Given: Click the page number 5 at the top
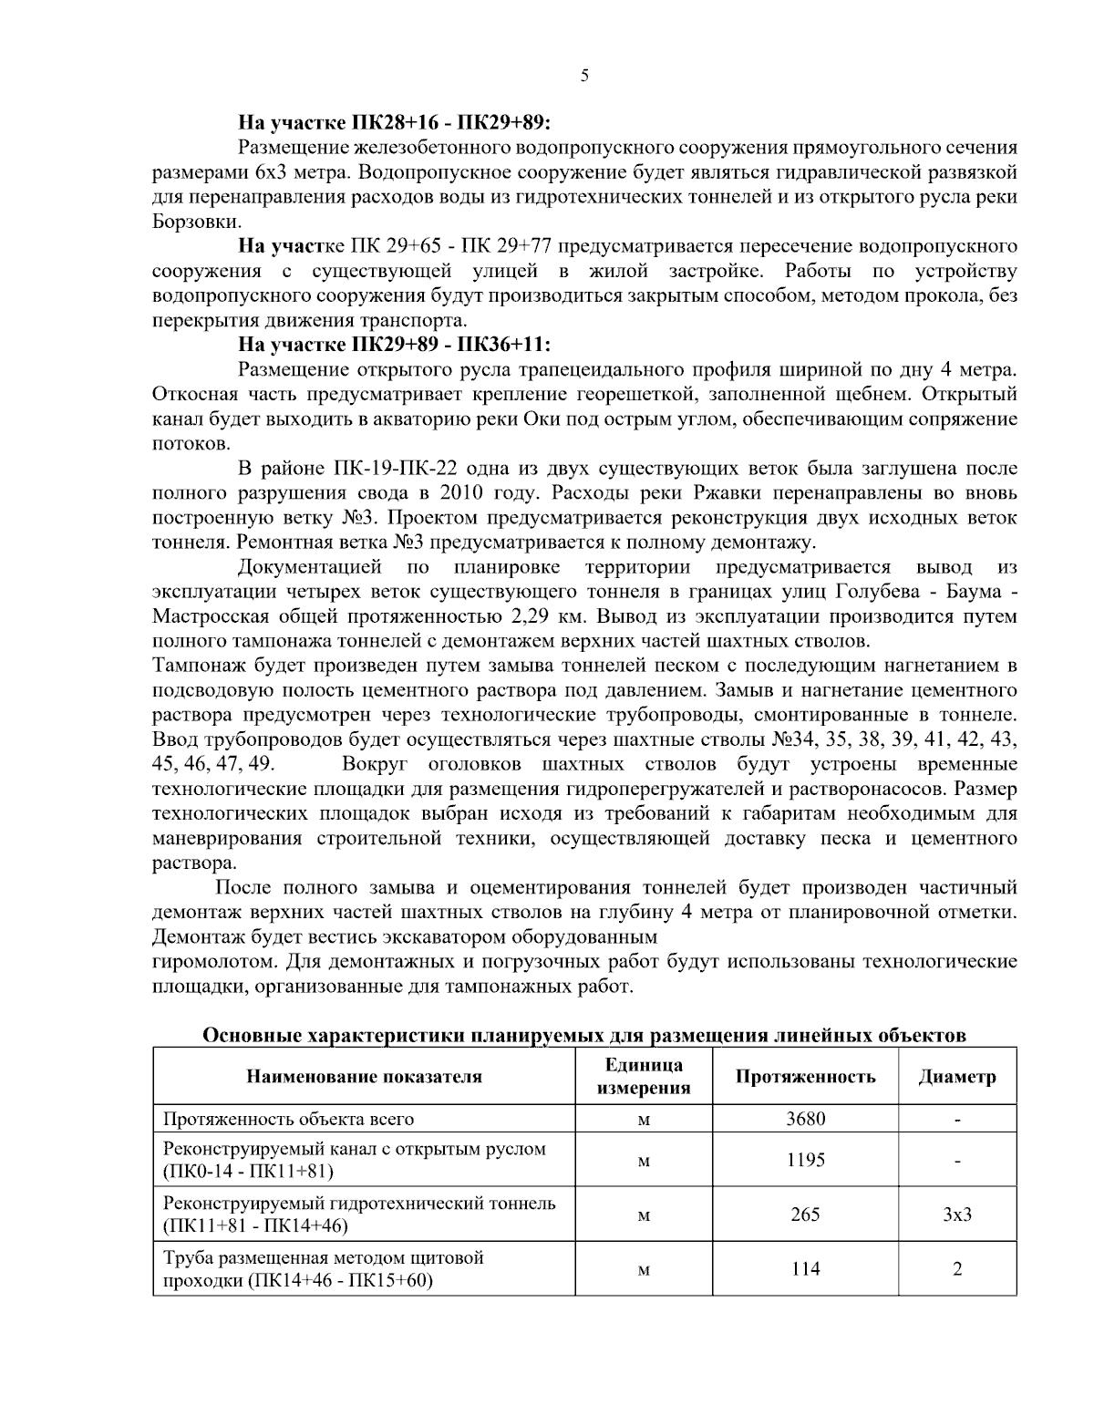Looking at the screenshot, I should tap(583, 77).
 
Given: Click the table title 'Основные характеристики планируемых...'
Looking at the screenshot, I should tap(583, 1036).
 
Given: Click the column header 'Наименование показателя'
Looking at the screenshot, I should tap(364, 1077).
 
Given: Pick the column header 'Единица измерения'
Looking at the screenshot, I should tap(644, 1077).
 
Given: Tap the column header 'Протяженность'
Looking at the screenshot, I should tap(805, 1077).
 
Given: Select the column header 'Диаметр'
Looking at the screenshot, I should tap(957, 1077).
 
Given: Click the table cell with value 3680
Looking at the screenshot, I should tap(805, 1119).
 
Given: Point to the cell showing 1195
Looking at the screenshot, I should tap(805, 1160).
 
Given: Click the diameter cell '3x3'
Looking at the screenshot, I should tap(957, 1214).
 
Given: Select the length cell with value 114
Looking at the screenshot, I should tap(805, 1268).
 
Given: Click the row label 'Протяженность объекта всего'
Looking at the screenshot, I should tap(288, 1119).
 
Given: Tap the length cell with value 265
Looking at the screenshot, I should tap(805, 1214).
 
